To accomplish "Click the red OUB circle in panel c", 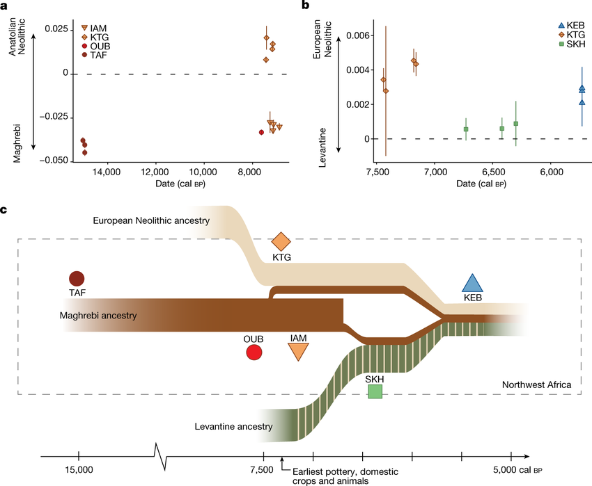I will pos(254,353).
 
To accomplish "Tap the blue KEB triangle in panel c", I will pos(473,282).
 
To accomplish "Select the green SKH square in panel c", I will pos(375,391).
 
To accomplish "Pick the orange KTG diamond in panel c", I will pos(281,241).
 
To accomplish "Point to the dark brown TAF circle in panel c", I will pos(77,278).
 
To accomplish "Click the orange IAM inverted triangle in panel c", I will pos(298,352).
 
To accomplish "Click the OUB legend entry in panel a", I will pos(95,46).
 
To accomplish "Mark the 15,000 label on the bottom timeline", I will pos(78,471).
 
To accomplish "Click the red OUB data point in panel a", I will pos(261,132).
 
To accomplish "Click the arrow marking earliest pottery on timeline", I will pos(282,462).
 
